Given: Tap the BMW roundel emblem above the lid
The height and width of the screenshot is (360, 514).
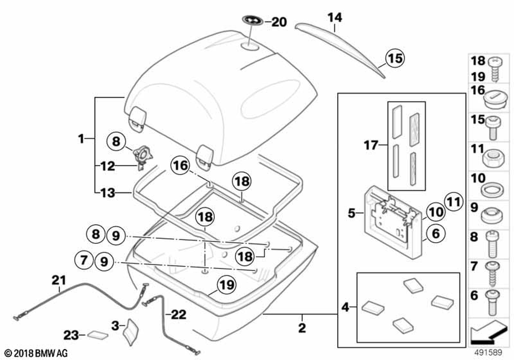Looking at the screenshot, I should [x=254, y=21].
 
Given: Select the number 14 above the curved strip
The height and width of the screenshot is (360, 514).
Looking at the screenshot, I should [x=334, y=18].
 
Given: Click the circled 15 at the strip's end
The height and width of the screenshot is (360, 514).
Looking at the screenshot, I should [x=396, y=58].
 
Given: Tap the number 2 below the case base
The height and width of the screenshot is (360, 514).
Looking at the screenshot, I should [x=302, y=327].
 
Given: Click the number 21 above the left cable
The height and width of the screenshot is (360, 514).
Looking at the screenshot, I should [x=59, y=280].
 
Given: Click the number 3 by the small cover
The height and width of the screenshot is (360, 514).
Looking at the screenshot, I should [x=115, y=325].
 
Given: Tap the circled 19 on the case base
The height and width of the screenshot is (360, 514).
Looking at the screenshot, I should [x=224, y=283].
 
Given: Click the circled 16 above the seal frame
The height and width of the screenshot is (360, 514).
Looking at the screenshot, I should [x=180, y=166].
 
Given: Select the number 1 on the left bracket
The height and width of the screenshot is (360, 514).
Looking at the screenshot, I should [x=81, y=139].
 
